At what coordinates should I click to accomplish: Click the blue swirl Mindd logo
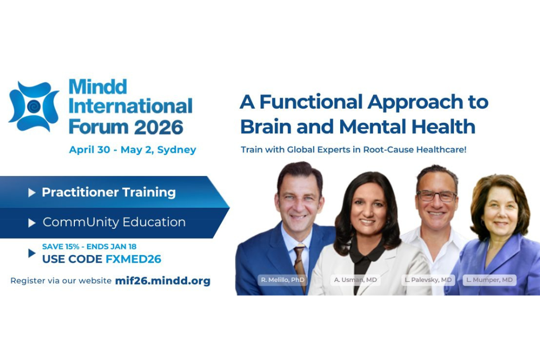pyautogui.click(x=33, y=106)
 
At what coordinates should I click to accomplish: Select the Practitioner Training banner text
pyautogui.click(x=109, y=192)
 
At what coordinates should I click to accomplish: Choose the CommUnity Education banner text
pyautogui.click(x=114, y=222)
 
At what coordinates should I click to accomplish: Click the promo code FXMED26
pyautogui.click(x=133, y=259)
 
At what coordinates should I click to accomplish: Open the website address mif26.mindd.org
pyautogui.click(x=162, y=280)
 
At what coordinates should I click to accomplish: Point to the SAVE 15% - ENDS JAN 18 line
pyautogui.click(x=89, y=247)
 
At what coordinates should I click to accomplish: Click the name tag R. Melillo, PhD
pyautogui.click(x=283, y=280)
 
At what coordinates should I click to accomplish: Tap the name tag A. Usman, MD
pyautogui.click(x=355, y=280)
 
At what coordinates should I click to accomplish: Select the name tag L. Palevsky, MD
pyautogui.click(x=428, y=280)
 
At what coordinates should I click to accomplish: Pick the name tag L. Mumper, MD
pyautogui.click(x=489, y=280)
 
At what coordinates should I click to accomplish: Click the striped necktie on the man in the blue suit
pyautogui.click(x=300, y=266)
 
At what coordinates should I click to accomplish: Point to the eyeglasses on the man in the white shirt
pyautogui.click(x=437, y=196)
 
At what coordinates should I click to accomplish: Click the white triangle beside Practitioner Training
pyautogui.click(x=32, y=192)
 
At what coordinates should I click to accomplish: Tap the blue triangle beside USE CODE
pyautogui.click(x=32, y=253)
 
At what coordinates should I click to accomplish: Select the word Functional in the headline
pyautogui.click(x=311, y=102)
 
